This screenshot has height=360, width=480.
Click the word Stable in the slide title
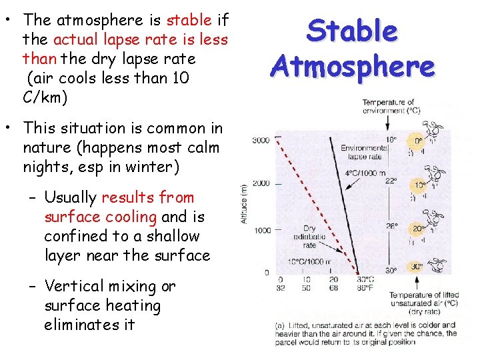pos(353,32)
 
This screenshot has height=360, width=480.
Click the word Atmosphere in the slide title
pos(353,66)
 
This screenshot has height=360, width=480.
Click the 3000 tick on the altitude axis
pos(261,141)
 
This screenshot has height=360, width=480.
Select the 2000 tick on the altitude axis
pos(261,183)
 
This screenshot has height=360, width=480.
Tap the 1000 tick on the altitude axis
pos(261,230)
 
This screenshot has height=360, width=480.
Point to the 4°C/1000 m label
pos(365,173)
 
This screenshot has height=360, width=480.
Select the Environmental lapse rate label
pos(361,151)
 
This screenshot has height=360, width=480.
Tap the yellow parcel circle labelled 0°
pos(418,141)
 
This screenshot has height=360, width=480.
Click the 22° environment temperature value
pos(391,181)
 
